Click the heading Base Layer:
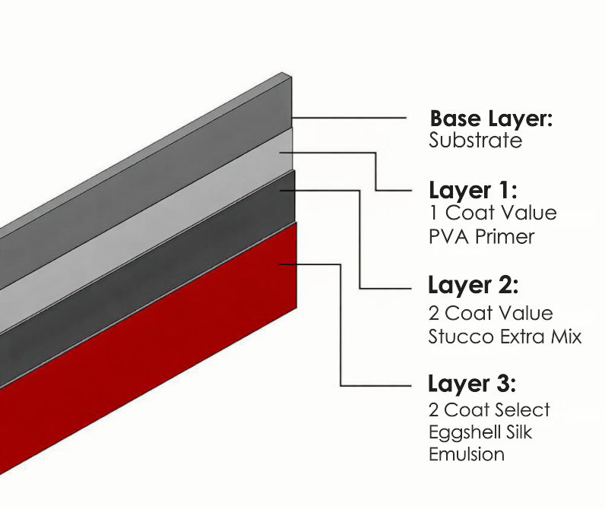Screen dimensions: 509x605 pos(491,119)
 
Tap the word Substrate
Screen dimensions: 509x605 pos(475,141)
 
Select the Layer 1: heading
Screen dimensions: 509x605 pos(473,190)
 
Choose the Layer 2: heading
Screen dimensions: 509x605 pos(473,286)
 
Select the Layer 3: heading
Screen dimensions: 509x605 pos(473,383)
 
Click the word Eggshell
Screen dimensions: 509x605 pos(465,432)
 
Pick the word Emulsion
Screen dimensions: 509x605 pos(466,454)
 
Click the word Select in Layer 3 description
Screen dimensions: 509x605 pos(521,410)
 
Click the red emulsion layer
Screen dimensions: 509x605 pos(152,365)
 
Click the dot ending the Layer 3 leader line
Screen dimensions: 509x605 pos(282,264)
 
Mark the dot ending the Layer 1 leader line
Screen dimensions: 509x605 pos(282,152)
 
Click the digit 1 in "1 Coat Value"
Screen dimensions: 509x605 pos(432,213)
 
